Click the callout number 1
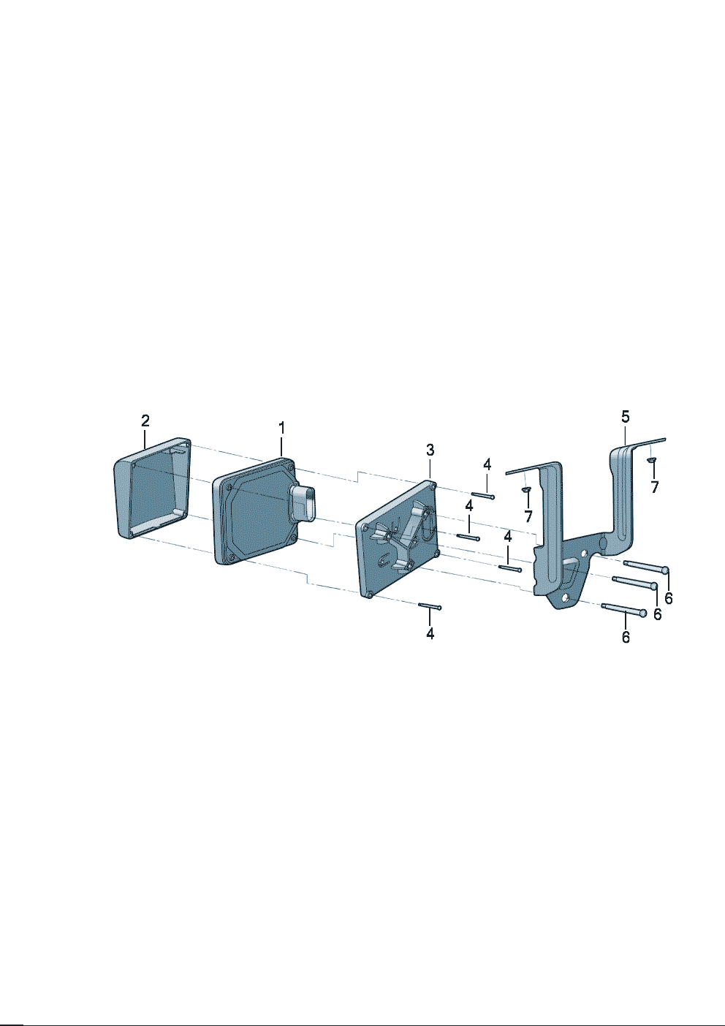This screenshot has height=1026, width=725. (x=281, y=428)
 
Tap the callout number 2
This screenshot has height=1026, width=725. (x=145, y=420)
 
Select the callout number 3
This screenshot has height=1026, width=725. (x=430, y=450)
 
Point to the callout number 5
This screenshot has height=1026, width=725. (x=625, y=416)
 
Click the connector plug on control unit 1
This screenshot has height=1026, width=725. (x=303, y=500)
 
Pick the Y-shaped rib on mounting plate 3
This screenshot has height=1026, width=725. (x=406, y=535)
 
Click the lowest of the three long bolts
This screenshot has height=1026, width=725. (x=624, y=610)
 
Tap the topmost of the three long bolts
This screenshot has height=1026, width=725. (x=646, y=567)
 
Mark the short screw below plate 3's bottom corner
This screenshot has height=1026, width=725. (x=430, y=606)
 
